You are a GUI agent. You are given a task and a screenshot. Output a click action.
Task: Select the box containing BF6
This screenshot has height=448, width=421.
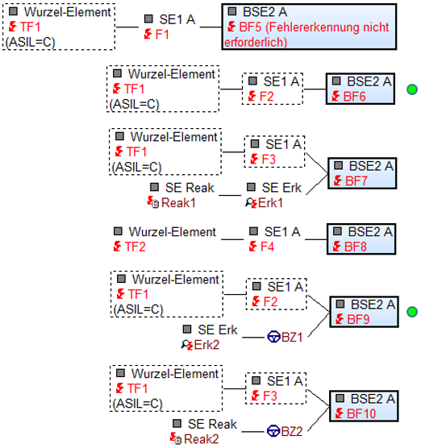[361, 89]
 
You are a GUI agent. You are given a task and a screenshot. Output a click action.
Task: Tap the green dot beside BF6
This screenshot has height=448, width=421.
[412, 89]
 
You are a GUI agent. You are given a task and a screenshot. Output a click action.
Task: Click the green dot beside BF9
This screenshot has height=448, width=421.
[412, 312]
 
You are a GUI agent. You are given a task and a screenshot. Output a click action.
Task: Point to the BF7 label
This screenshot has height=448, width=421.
[356, 180]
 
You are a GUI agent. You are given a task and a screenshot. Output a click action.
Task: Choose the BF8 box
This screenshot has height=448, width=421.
[361, 239]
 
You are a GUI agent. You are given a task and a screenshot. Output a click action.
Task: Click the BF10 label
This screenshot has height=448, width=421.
[361, 413]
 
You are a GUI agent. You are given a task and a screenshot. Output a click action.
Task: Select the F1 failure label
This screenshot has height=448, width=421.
[162, 35]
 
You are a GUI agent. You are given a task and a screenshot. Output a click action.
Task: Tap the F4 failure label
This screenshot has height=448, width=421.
[267, 247]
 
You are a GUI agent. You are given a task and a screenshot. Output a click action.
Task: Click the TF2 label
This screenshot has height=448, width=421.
[135, 247]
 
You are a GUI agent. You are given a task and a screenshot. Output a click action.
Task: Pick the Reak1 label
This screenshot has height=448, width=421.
[178, 203]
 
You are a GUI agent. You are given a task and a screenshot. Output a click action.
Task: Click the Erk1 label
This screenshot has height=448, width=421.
[270, 203]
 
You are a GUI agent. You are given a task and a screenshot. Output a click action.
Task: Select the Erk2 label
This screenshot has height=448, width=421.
[206, 345]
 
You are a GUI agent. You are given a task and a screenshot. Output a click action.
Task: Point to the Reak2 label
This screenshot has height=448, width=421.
[202, 439]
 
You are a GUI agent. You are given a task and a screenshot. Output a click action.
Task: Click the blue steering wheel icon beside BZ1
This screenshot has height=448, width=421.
[273, 337]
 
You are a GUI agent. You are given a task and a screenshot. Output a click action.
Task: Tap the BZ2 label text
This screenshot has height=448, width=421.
[292, 431]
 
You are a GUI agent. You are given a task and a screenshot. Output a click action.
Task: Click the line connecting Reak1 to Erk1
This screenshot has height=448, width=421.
[230, 196]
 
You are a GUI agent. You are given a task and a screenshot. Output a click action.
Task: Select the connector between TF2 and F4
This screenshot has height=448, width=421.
[232, 239]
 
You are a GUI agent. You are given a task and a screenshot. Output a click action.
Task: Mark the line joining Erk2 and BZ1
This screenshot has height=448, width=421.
[253, 338]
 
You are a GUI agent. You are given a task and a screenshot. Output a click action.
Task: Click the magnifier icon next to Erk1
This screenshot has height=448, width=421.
[249, 202]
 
